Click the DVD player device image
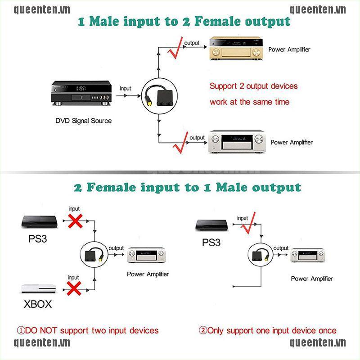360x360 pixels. pos(81,93)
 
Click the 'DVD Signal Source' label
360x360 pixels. pos(83,121)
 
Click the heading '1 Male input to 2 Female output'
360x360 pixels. pos(184,22)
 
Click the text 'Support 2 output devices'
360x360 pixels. pos(253,86)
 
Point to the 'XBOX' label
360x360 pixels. pos(37,304)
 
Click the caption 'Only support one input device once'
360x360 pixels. pos(267,331)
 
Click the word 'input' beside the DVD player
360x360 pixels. pos(126,89)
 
